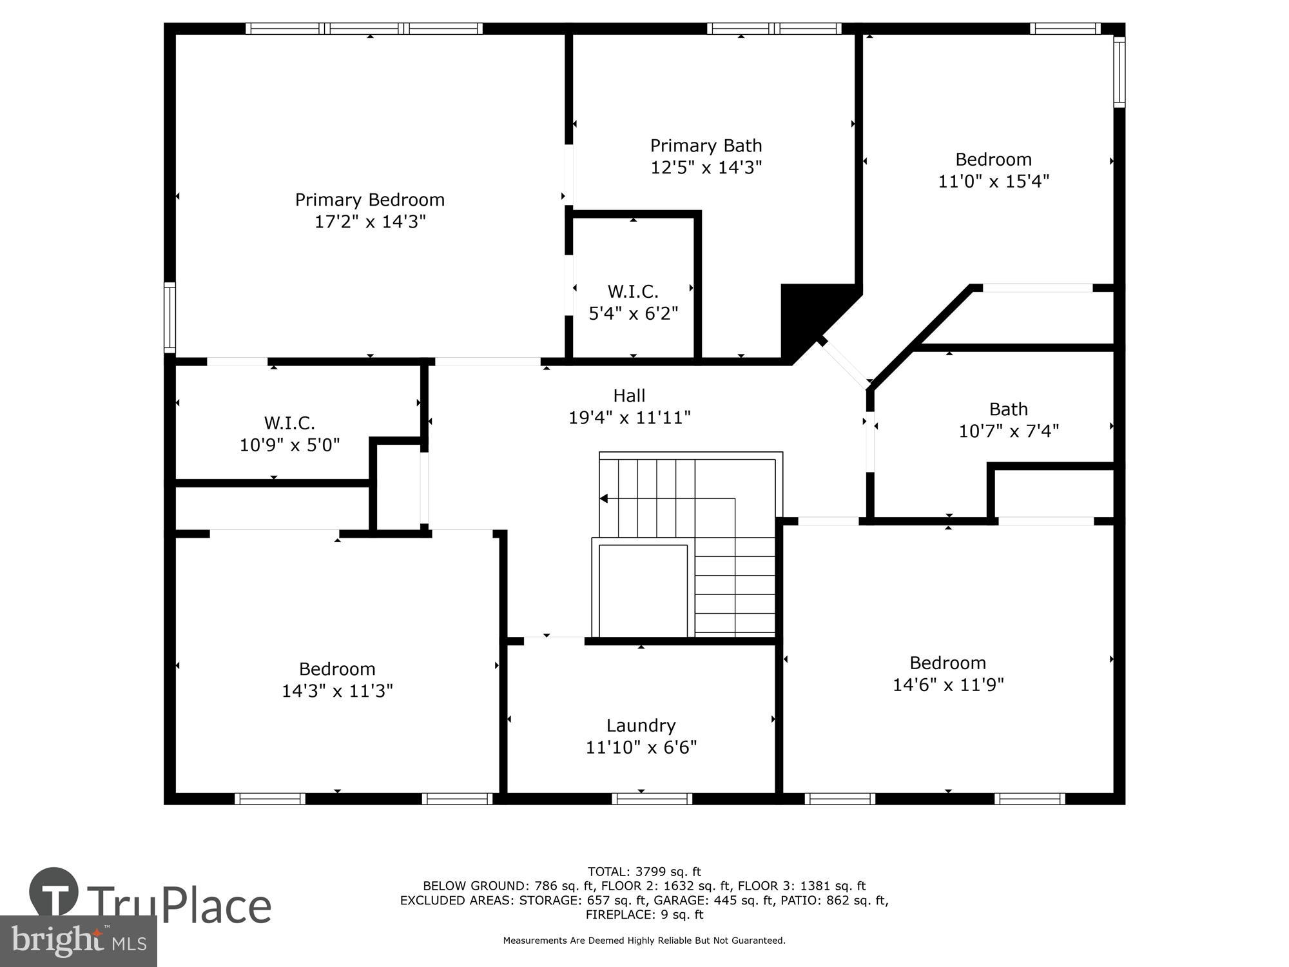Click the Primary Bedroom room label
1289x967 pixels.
369,200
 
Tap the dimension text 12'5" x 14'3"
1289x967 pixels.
706,168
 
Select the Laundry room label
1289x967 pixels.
641,726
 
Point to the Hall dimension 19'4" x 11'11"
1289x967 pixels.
629,418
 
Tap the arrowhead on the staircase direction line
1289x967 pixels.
604,498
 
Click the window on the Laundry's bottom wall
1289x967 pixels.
652,799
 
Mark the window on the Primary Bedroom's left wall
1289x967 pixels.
170,317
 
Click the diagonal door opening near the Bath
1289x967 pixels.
846,364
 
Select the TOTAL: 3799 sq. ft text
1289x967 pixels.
644,872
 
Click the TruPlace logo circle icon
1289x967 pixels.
54,893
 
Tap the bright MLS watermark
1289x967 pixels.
78,941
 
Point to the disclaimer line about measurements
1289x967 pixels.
644,941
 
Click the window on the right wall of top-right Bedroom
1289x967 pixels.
1119,72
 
